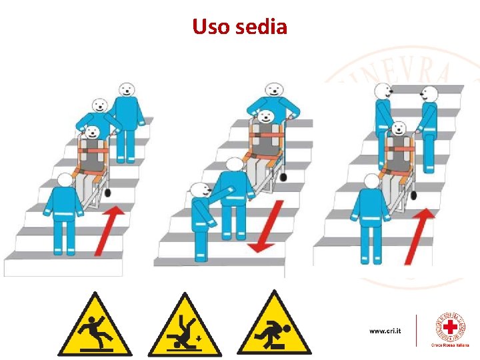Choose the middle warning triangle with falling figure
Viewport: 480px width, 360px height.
185,327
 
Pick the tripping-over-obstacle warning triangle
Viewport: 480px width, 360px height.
274,325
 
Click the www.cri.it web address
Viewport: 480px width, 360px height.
385,331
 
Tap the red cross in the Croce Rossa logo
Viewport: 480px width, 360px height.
451,327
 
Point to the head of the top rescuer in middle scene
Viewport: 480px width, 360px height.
272,89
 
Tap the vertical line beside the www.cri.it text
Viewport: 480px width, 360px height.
417,331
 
